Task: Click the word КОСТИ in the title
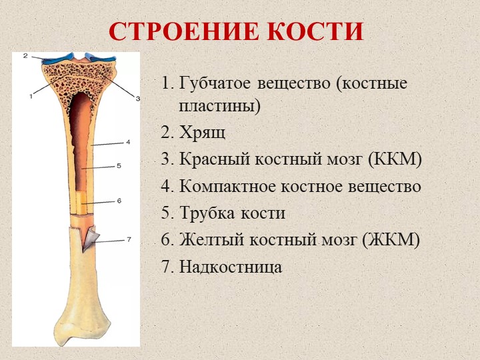point(315,31)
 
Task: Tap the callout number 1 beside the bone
point(31,96)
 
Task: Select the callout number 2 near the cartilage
point(25,56)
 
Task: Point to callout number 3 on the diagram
point(137,99)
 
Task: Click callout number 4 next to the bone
point(128,142)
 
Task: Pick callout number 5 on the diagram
point(119,165)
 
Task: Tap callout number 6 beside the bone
point(119,201)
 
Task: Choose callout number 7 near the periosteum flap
point(129,239)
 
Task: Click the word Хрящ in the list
point(203,133)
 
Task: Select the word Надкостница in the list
point(231,267)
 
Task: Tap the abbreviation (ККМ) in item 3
point(395,159)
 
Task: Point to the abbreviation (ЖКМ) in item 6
point(391,239)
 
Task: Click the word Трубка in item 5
point(207,213)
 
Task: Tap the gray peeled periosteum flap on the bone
point(91,238)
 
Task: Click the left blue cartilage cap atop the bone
point(58,59)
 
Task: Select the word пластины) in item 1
point(219,107)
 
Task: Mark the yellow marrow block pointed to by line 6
point(82,202)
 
